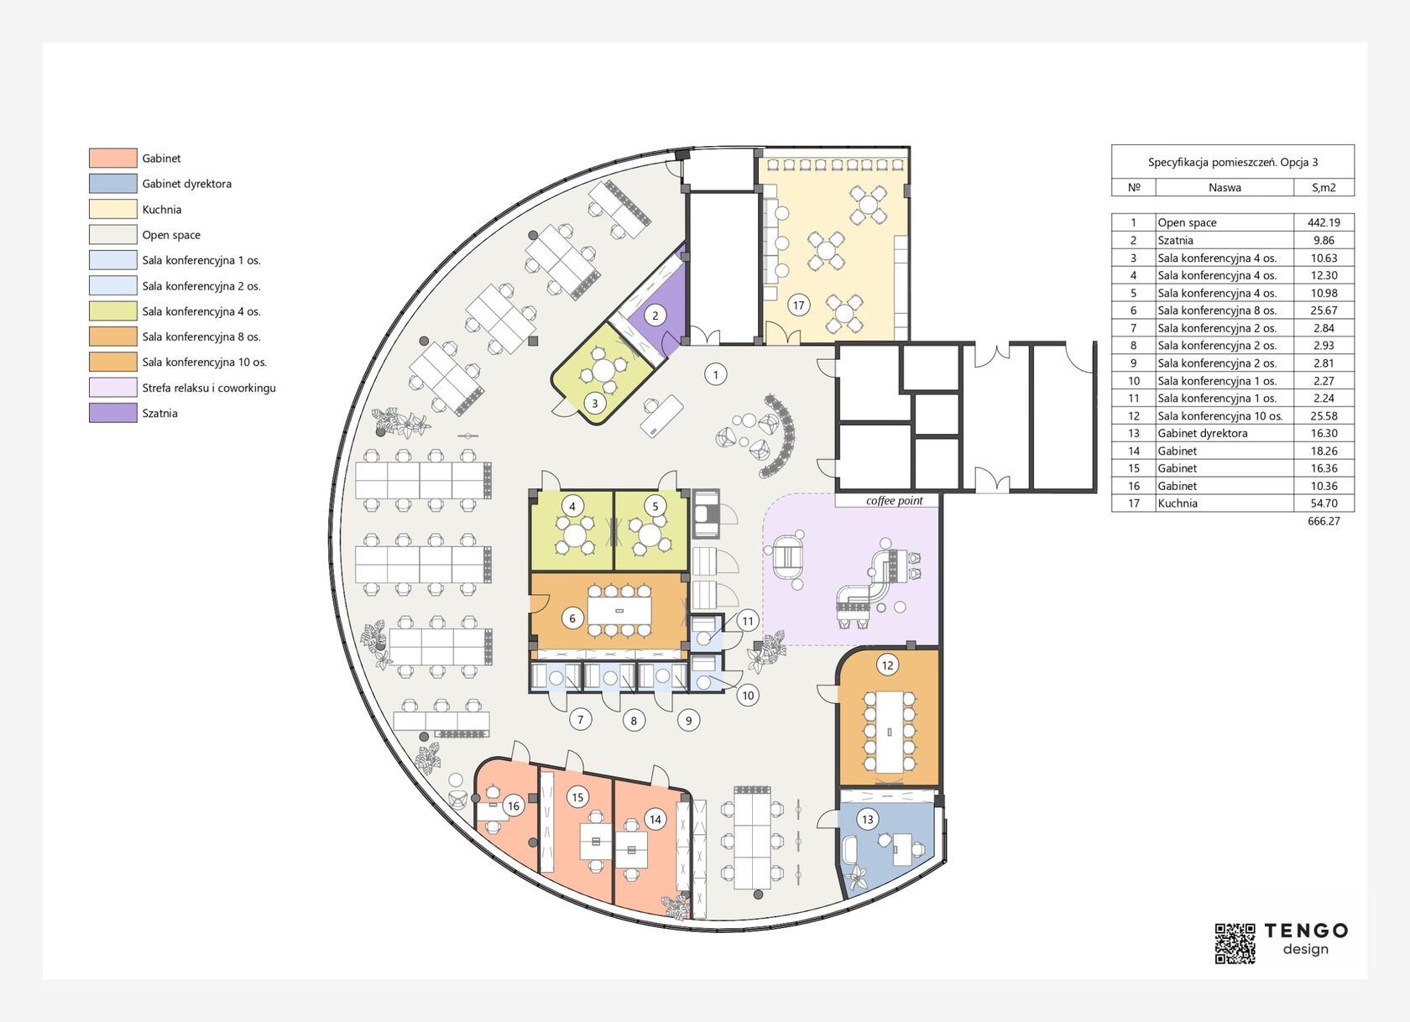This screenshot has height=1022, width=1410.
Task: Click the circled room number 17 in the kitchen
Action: click(798, 305)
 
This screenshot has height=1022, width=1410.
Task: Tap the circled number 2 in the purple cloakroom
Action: click(655, 315)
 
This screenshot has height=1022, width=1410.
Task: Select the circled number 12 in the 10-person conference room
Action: click(888, 665)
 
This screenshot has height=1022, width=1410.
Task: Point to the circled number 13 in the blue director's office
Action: click(868, 819)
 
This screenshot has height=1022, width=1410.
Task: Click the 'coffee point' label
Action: click(894, 501)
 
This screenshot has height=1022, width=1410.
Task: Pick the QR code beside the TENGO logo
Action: click(1235, 943)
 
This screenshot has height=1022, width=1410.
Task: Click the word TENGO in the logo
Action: click(1306, 931)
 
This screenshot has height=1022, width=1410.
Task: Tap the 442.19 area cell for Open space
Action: click(1324, 223)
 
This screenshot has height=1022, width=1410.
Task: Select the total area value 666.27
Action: click(1324, 521)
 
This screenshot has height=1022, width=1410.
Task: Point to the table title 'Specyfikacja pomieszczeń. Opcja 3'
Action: click(1232, 163)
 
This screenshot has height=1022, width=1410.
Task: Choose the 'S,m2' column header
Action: click(1324, 188)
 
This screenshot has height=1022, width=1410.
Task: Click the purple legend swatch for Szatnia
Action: click(113, 413)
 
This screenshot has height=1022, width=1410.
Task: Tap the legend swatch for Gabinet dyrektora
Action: click(113, 183)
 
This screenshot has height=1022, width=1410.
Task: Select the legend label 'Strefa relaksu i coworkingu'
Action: click(209, 388)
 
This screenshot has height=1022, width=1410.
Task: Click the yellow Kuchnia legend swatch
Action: click(113, 209)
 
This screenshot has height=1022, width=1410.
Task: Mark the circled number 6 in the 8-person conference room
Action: click(572, 618)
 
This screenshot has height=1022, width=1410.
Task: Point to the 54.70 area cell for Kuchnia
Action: click(1324, 503)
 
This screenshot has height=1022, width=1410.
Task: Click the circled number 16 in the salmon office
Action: click(514, 806)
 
